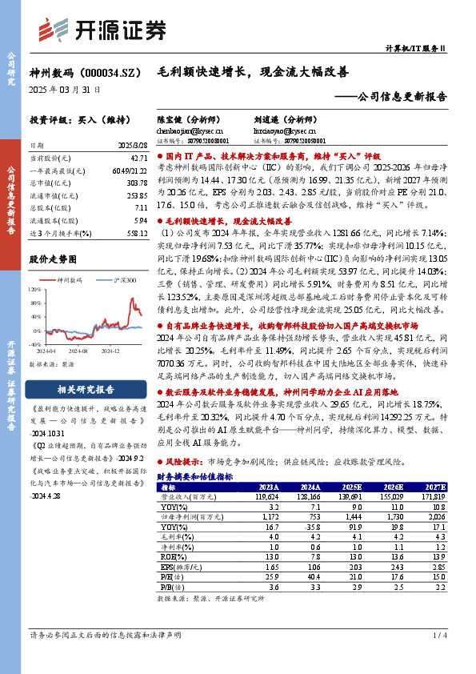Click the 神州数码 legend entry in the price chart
(70, 280)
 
